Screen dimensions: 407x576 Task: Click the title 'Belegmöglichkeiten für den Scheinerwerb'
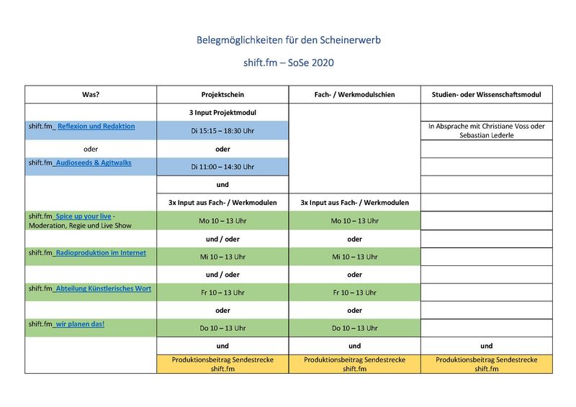288,40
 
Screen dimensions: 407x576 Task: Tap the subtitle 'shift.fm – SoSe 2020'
288,63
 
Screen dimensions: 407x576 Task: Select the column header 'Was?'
91,95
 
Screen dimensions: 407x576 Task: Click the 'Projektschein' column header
222,95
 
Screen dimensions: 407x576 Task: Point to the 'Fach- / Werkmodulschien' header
354,95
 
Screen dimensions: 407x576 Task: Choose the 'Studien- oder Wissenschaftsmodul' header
486,95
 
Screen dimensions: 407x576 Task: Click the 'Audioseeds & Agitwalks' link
93,163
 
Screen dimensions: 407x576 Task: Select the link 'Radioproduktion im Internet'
102,252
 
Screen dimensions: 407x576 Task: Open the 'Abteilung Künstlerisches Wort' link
104,288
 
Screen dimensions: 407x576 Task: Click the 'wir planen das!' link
81,324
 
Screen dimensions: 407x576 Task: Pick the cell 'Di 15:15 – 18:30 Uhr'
222,131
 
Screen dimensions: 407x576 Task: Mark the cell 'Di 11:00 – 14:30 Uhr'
222,167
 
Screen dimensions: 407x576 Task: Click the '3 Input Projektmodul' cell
222,113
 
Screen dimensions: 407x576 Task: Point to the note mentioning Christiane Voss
486,131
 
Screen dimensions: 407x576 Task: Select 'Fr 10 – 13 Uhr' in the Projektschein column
222,293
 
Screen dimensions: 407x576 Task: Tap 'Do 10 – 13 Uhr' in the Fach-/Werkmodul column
354,329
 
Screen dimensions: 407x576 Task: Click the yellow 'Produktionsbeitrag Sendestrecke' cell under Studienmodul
486,364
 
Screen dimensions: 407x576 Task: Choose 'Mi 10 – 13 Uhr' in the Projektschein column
222,257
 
